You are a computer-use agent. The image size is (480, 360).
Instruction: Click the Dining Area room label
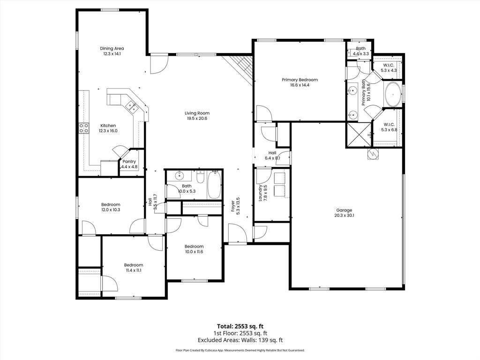[112, 48]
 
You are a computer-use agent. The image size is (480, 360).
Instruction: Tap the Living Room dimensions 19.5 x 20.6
[196, 119]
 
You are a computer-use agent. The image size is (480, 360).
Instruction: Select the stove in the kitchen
[84, 128]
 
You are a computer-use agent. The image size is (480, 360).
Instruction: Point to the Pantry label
[129, 161]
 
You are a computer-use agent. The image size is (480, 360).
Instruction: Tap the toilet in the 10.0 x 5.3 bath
[200, 177]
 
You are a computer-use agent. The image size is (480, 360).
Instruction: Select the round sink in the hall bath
[179, 176]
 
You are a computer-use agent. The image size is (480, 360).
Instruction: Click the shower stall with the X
[358, 135]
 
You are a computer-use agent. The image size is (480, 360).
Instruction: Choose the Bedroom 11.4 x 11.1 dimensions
[134, 270]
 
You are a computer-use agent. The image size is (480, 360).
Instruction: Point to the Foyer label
[232, 207]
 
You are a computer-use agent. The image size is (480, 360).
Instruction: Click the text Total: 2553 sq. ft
[240, 326]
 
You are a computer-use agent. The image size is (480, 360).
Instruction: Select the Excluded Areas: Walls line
[240, 340]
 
